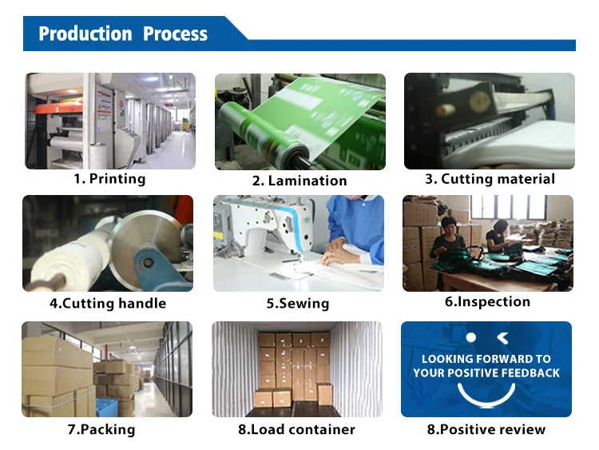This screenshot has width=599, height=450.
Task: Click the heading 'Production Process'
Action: click(123, 34)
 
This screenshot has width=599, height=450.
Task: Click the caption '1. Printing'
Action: click(109, 179)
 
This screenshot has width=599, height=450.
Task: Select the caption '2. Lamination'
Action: click(299, 181)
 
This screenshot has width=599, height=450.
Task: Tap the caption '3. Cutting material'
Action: click(490, 179)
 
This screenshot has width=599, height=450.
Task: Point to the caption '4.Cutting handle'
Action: click(108, 303)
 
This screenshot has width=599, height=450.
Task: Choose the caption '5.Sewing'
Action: click(298, 303)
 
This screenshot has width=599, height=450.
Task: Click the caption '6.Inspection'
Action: click(487, 301)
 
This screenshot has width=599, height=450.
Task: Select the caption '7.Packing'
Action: click(101, 429)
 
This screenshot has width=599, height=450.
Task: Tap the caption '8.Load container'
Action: click(296, 429)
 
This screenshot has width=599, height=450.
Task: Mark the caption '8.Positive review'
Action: click(486, 429)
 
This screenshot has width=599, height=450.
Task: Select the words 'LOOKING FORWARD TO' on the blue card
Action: click(486, 359)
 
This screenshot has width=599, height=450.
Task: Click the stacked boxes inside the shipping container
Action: click(293, 368)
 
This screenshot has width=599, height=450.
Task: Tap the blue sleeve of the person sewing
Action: click(359, 232)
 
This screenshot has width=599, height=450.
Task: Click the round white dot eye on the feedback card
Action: click(471, 338)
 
